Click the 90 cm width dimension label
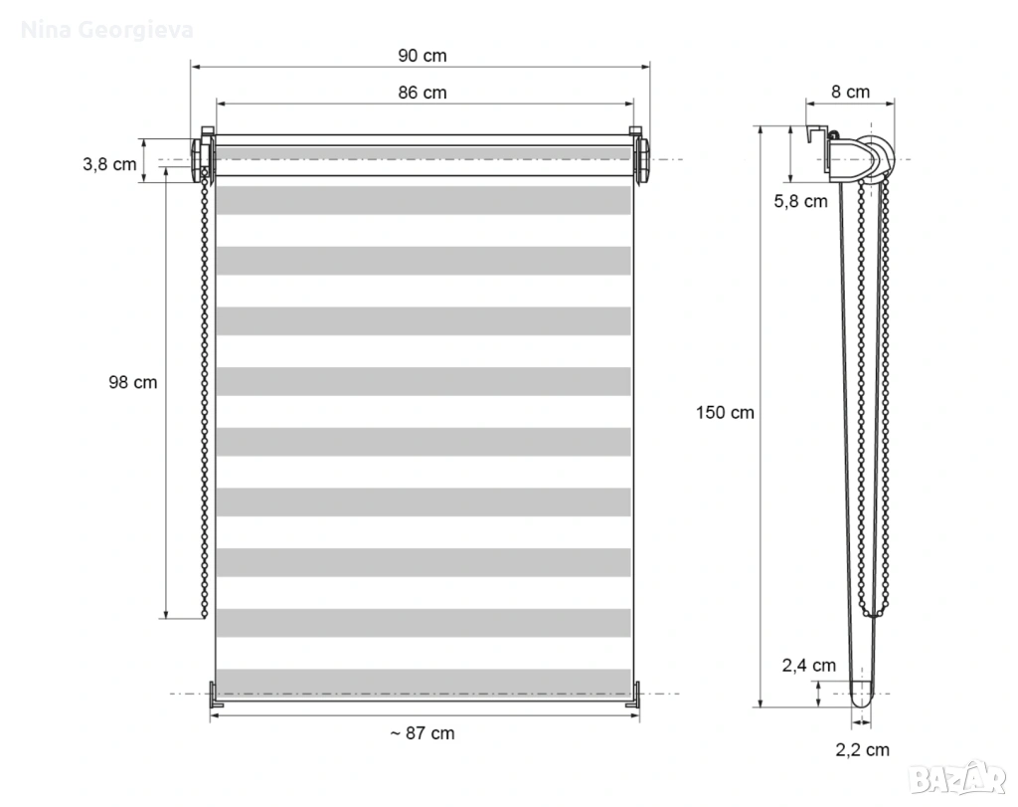(422, 56)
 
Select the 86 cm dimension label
(422, 93)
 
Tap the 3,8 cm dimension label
(109, 164)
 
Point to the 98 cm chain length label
(132, 382)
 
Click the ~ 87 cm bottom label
(422, 733)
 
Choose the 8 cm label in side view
(851, 93)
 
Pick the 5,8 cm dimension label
(800, 201)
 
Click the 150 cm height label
(725, 413)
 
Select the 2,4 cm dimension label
(808, 666)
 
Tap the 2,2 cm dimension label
(862, 750)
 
